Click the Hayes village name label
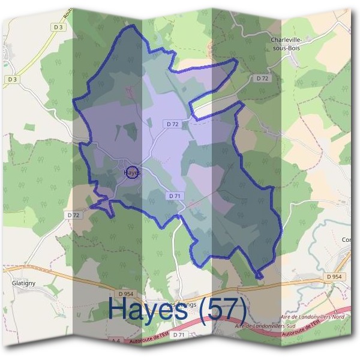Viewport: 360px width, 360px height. (x=131, y=172)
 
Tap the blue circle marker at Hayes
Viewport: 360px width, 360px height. (x=133, y=172)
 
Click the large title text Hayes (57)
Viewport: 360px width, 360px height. (x=178, y=308)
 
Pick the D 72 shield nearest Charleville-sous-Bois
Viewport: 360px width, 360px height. (x=262, y=79)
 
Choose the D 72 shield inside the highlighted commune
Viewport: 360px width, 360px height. (x=172, y=124)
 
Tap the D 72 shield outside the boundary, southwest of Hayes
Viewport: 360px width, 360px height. (x=73, y=214)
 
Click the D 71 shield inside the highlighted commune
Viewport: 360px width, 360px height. (x=175, y=196)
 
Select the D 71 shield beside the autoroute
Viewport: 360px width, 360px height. (x=178, y=334)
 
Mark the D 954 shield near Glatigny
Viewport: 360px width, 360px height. (x=125, y=293)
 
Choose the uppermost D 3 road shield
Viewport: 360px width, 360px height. (x=58, y=27)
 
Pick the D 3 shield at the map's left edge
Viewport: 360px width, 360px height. (x=13, y=79)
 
